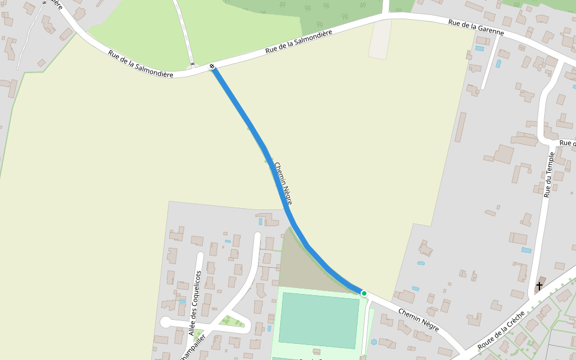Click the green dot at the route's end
pos(364,293)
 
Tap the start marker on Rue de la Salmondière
pos(212,67)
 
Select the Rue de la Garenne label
pos(476,27)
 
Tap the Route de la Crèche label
pos(501,331)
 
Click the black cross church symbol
pos(539,286)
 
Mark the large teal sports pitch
pos(319,320)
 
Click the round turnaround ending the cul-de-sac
pos(166,322)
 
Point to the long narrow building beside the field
pos(460,127)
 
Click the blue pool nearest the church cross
pos(526,250)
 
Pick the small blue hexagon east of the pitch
pos(374,342)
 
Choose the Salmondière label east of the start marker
pos(299,43)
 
